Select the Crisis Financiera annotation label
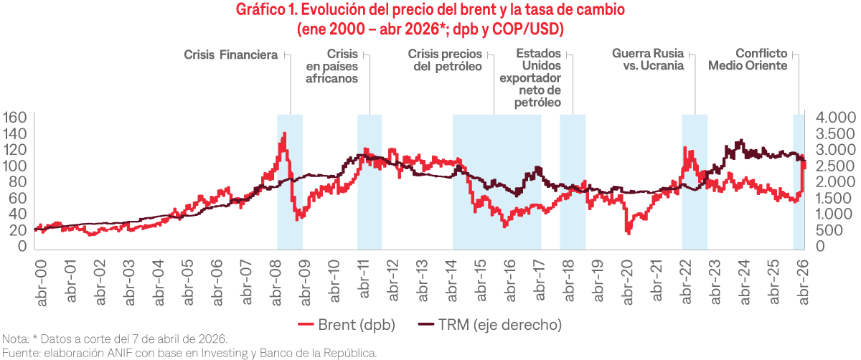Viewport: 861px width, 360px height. pos(230,54)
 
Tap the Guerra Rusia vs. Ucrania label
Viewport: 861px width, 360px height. pos(647,60)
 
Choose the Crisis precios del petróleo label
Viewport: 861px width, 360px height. pos(448,60)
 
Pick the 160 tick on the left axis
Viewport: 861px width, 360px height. pos(14,118)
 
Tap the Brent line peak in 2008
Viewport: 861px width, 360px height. pos(285,133)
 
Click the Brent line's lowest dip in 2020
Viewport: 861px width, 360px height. pos(629,232)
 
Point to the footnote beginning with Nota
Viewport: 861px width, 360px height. pos(115,339)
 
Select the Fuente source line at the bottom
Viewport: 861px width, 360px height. pos(189,352)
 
